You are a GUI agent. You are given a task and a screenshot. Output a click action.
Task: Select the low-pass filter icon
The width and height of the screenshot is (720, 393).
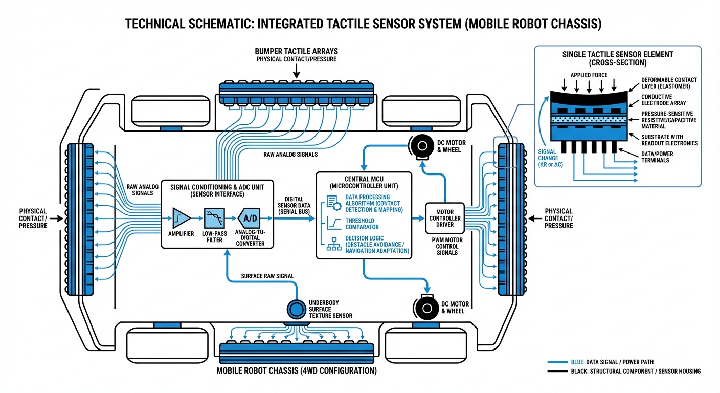(214, 218)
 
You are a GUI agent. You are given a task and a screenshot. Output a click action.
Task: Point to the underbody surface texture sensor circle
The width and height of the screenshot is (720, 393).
(295, 309)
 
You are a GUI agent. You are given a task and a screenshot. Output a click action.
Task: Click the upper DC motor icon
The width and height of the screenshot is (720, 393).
(421, 147)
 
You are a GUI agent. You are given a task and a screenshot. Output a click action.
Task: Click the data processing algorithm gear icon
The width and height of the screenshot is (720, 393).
(333, 203)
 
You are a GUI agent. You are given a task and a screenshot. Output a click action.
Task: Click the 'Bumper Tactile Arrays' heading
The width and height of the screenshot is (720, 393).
(296, 52)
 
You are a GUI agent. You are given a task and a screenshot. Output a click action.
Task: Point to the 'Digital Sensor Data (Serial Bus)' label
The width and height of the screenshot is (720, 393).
(294, 205)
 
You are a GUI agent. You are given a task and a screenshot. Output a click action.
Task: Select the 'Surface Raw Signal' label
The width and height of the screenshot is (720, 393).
(267, 276)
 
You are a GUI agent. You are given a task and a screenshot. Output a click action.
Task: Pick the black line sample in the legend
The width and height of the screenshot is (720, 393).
(558, 371)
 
